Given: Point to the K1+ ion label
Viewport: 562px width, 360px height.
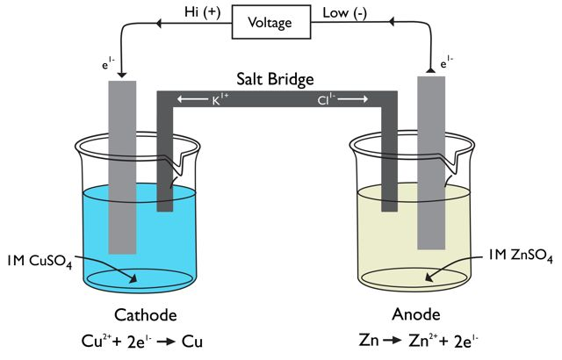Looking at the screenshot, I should click(x=220, y=101).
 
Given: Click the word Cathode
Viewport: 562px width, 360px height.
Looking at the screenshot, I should click(x=147, y=314).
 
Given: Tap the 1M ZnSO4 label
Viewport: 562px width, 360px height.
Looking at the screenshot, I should click(x=521, y=256).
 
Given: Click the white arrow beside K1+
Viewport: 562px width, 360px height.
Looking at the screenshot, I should click(x=191, y=101).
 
